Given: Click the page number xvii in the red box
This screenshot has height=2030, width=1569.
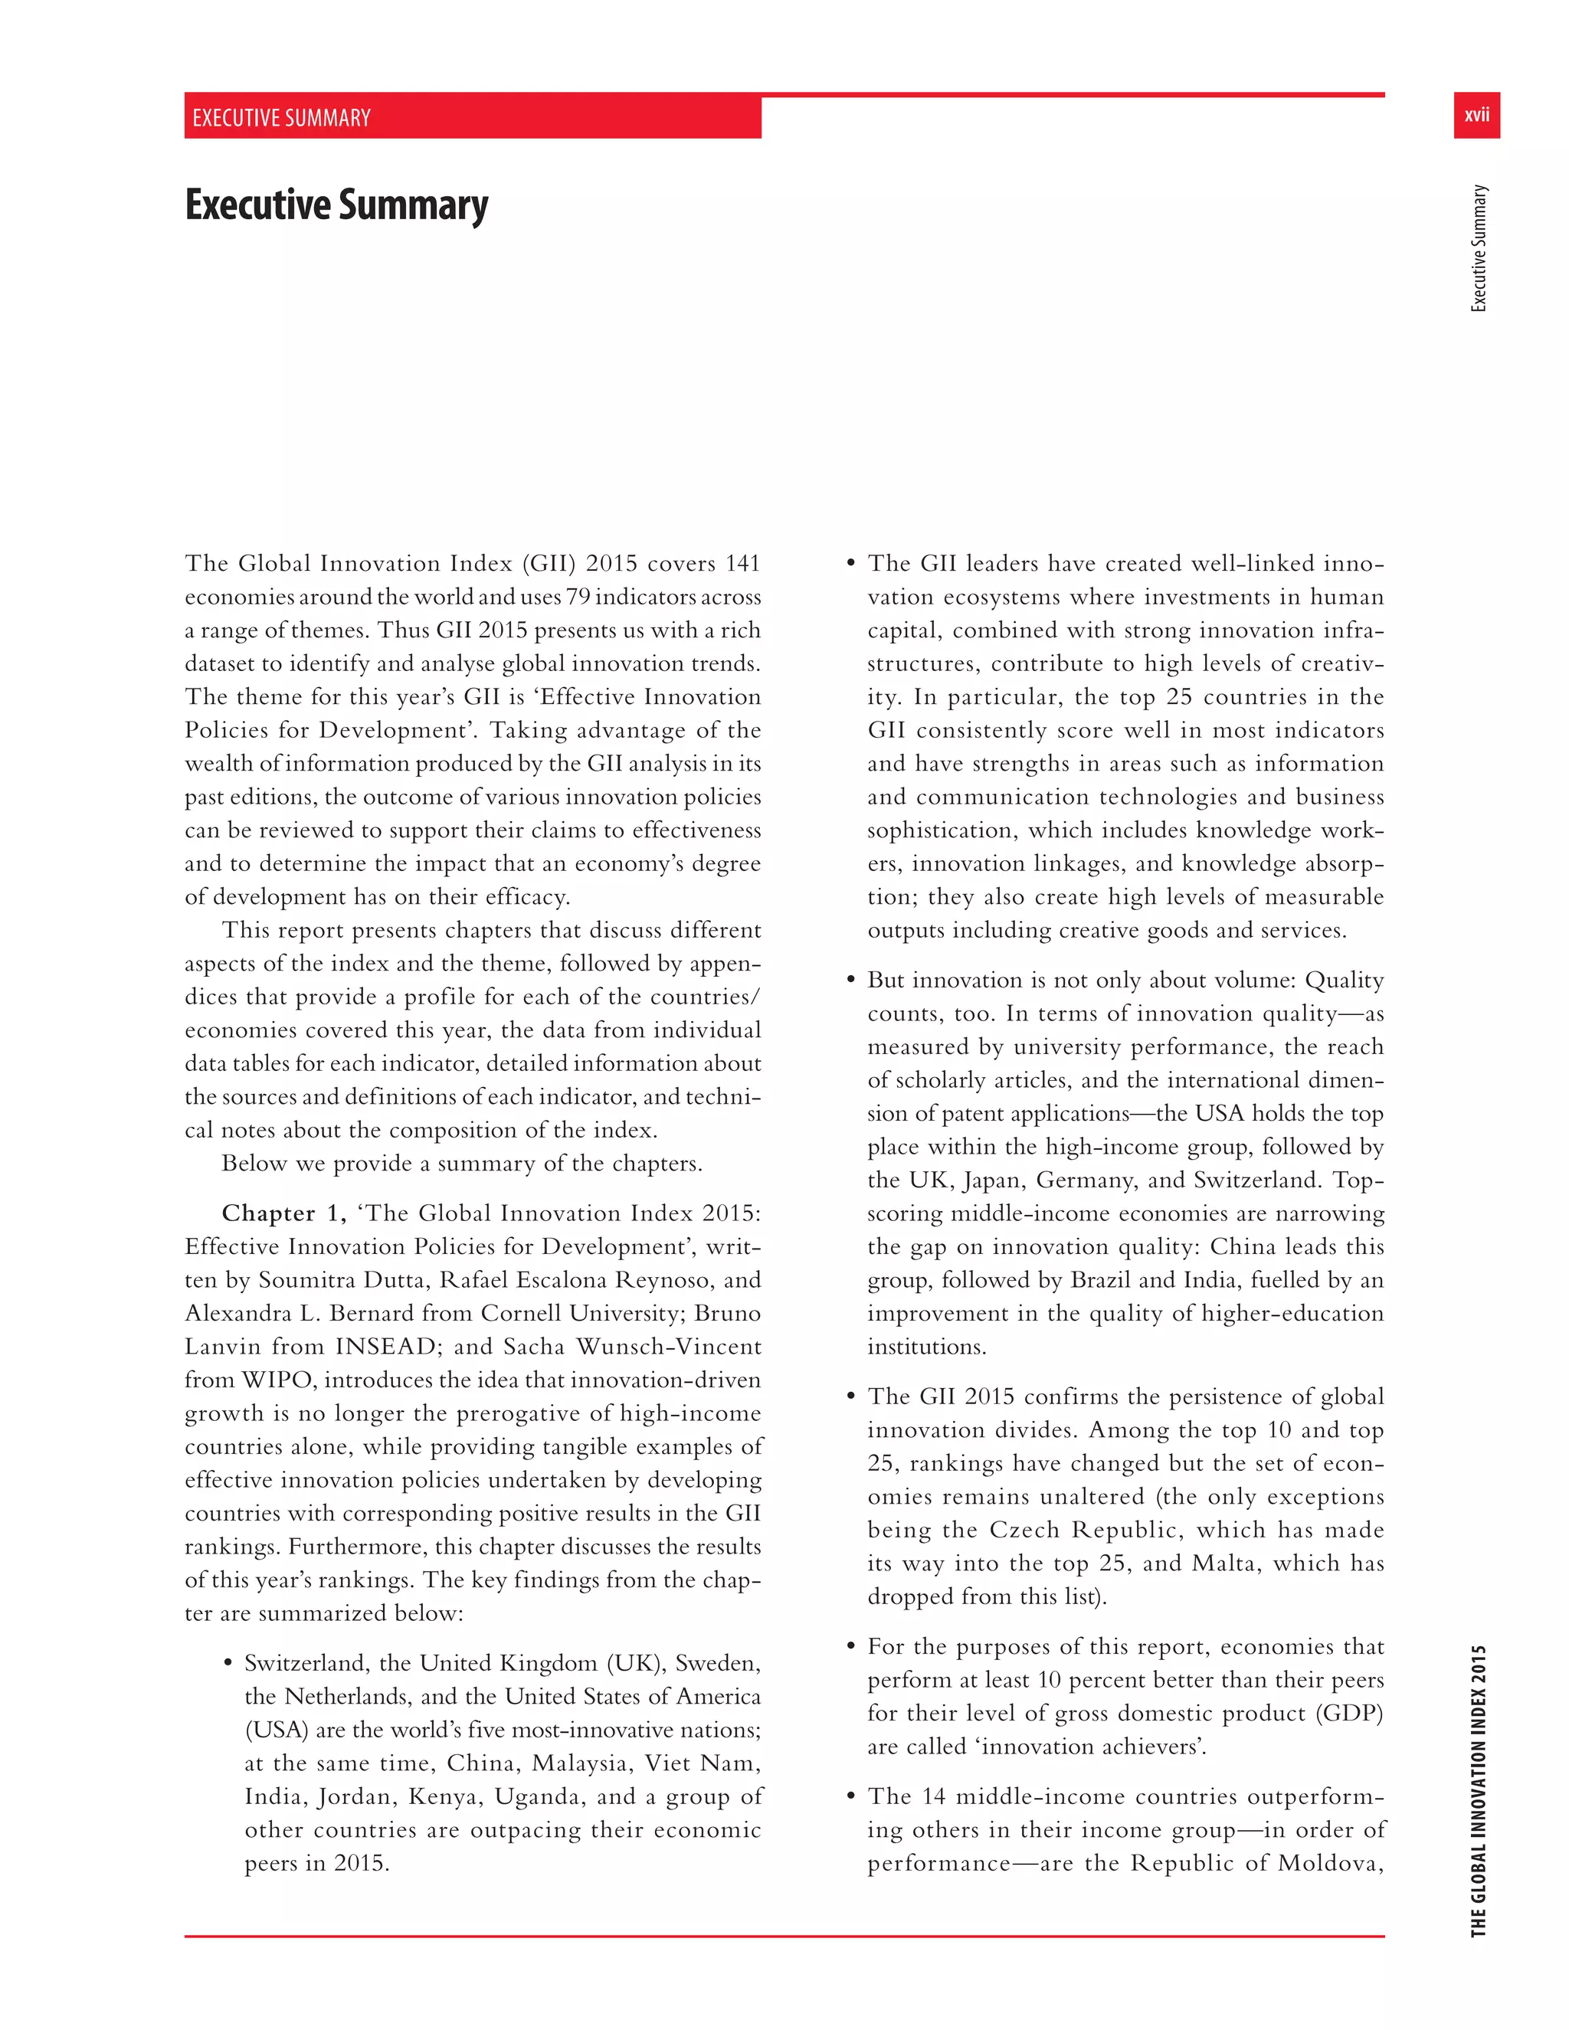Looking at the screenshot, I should point(1476,115).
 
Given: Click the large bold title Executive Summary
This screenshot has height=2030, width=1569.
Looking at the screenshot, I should point(336,205).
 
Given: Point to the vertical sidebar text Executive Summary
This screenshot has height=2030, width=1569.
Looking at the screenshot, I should point(1478,248).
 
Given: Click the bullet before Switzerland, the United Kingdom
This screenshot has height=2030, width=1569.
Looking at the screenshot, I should point(228,1664).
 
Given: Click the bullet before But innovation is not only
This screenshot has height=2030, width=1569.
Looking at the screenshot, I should point(850,981).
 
